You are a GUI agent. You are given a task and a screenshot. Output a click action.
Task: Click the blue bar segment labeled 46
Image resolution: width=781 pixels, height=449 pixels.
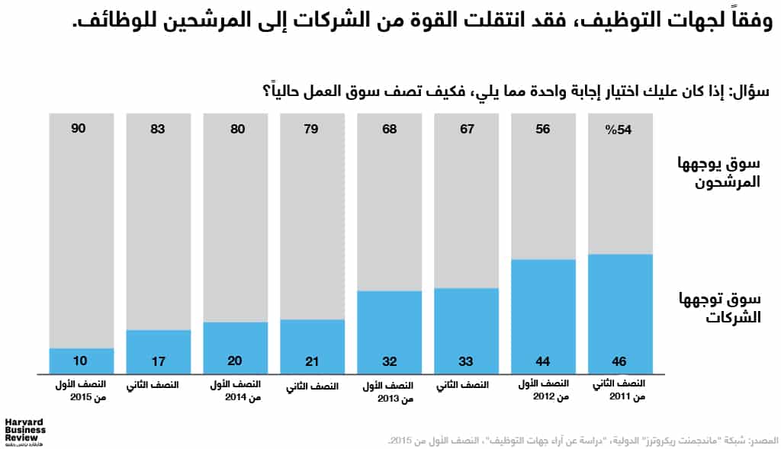coord(619,313)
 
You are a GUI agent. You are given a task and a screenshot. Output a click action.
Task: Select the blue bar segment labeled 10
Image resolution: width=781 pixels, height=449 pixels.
coord(81,361)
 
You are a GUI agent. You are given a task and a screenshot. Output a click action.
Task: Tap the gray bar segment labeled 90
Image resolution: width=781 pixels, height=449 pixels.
coord(81,229)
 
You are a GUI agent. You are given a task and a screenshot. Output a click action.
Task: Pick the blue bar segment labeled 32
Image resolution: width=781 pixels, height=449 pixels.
coord(389,332)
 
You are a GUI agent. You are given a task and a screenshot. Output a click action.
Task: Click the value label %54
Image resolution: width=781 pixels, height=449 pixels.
coord(619,130)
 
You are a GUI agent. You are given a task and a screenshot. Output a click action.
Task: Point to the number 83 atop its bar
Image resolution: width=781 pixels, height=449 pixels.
coord(158,130)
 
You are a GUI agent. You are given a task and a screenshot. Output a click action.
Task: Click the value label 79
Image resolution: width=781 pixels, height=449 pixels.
coord(312,130)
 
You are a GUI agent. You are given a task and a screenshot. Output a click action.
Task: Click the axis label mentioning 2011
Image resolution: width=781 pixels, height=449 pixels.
coord(619,391)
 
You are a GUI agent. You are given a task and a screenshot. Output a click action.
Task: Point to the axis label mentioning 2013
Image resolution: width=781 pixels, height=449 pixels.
coord(389,392)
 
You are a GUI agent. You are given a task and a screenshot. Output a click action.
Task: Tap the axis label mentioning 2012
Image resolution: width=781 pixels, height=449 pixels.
coord(542,391)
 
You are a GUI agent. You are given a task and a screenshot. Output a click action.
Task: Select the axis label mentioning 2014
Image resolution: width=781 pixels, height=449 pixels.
coord(235,391)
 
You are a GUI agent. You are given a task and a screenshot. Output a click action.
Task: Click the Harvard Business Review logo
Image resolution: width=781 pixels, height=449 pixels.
coord(25,431)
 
